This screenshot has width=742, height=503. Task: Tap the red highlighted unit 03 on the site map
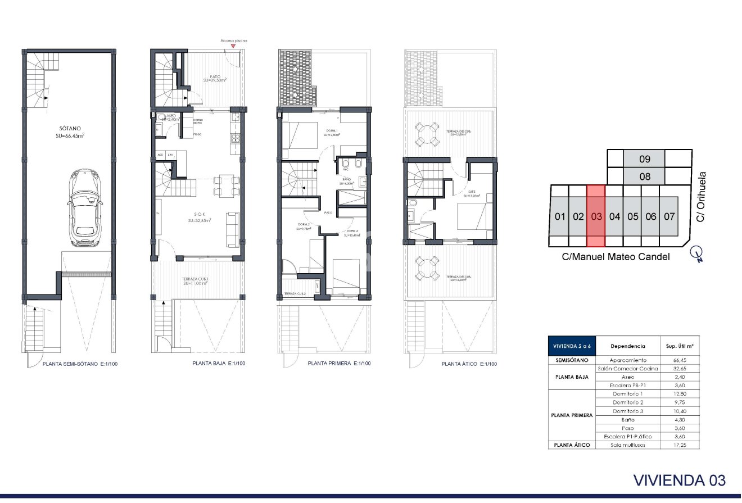(x=596, y=216)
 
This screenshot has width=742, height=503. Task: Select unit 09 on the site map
(x=645, y=159)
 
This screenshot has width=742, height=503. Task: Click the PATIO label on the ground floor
(x=215, y=76)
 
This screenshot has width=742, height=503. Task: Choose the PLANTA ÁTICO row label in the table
(x=572, y=445)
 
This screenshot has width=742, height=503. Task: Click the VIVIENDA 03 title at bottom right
(x=680, y=481)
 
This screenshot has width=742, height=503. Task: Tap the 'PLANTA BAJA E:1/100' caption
(x=219, y=364)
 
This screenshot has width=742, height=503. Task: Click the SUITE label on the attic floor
(x=471, y=193)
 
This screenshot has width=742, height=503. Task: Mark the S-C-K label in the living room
(x=199, y=215)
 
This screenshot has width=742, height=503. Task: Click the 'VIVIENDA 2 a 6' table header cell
(x=572, y=346)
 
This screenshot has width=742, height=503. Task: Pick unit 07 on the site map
(x=669, y=216)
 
